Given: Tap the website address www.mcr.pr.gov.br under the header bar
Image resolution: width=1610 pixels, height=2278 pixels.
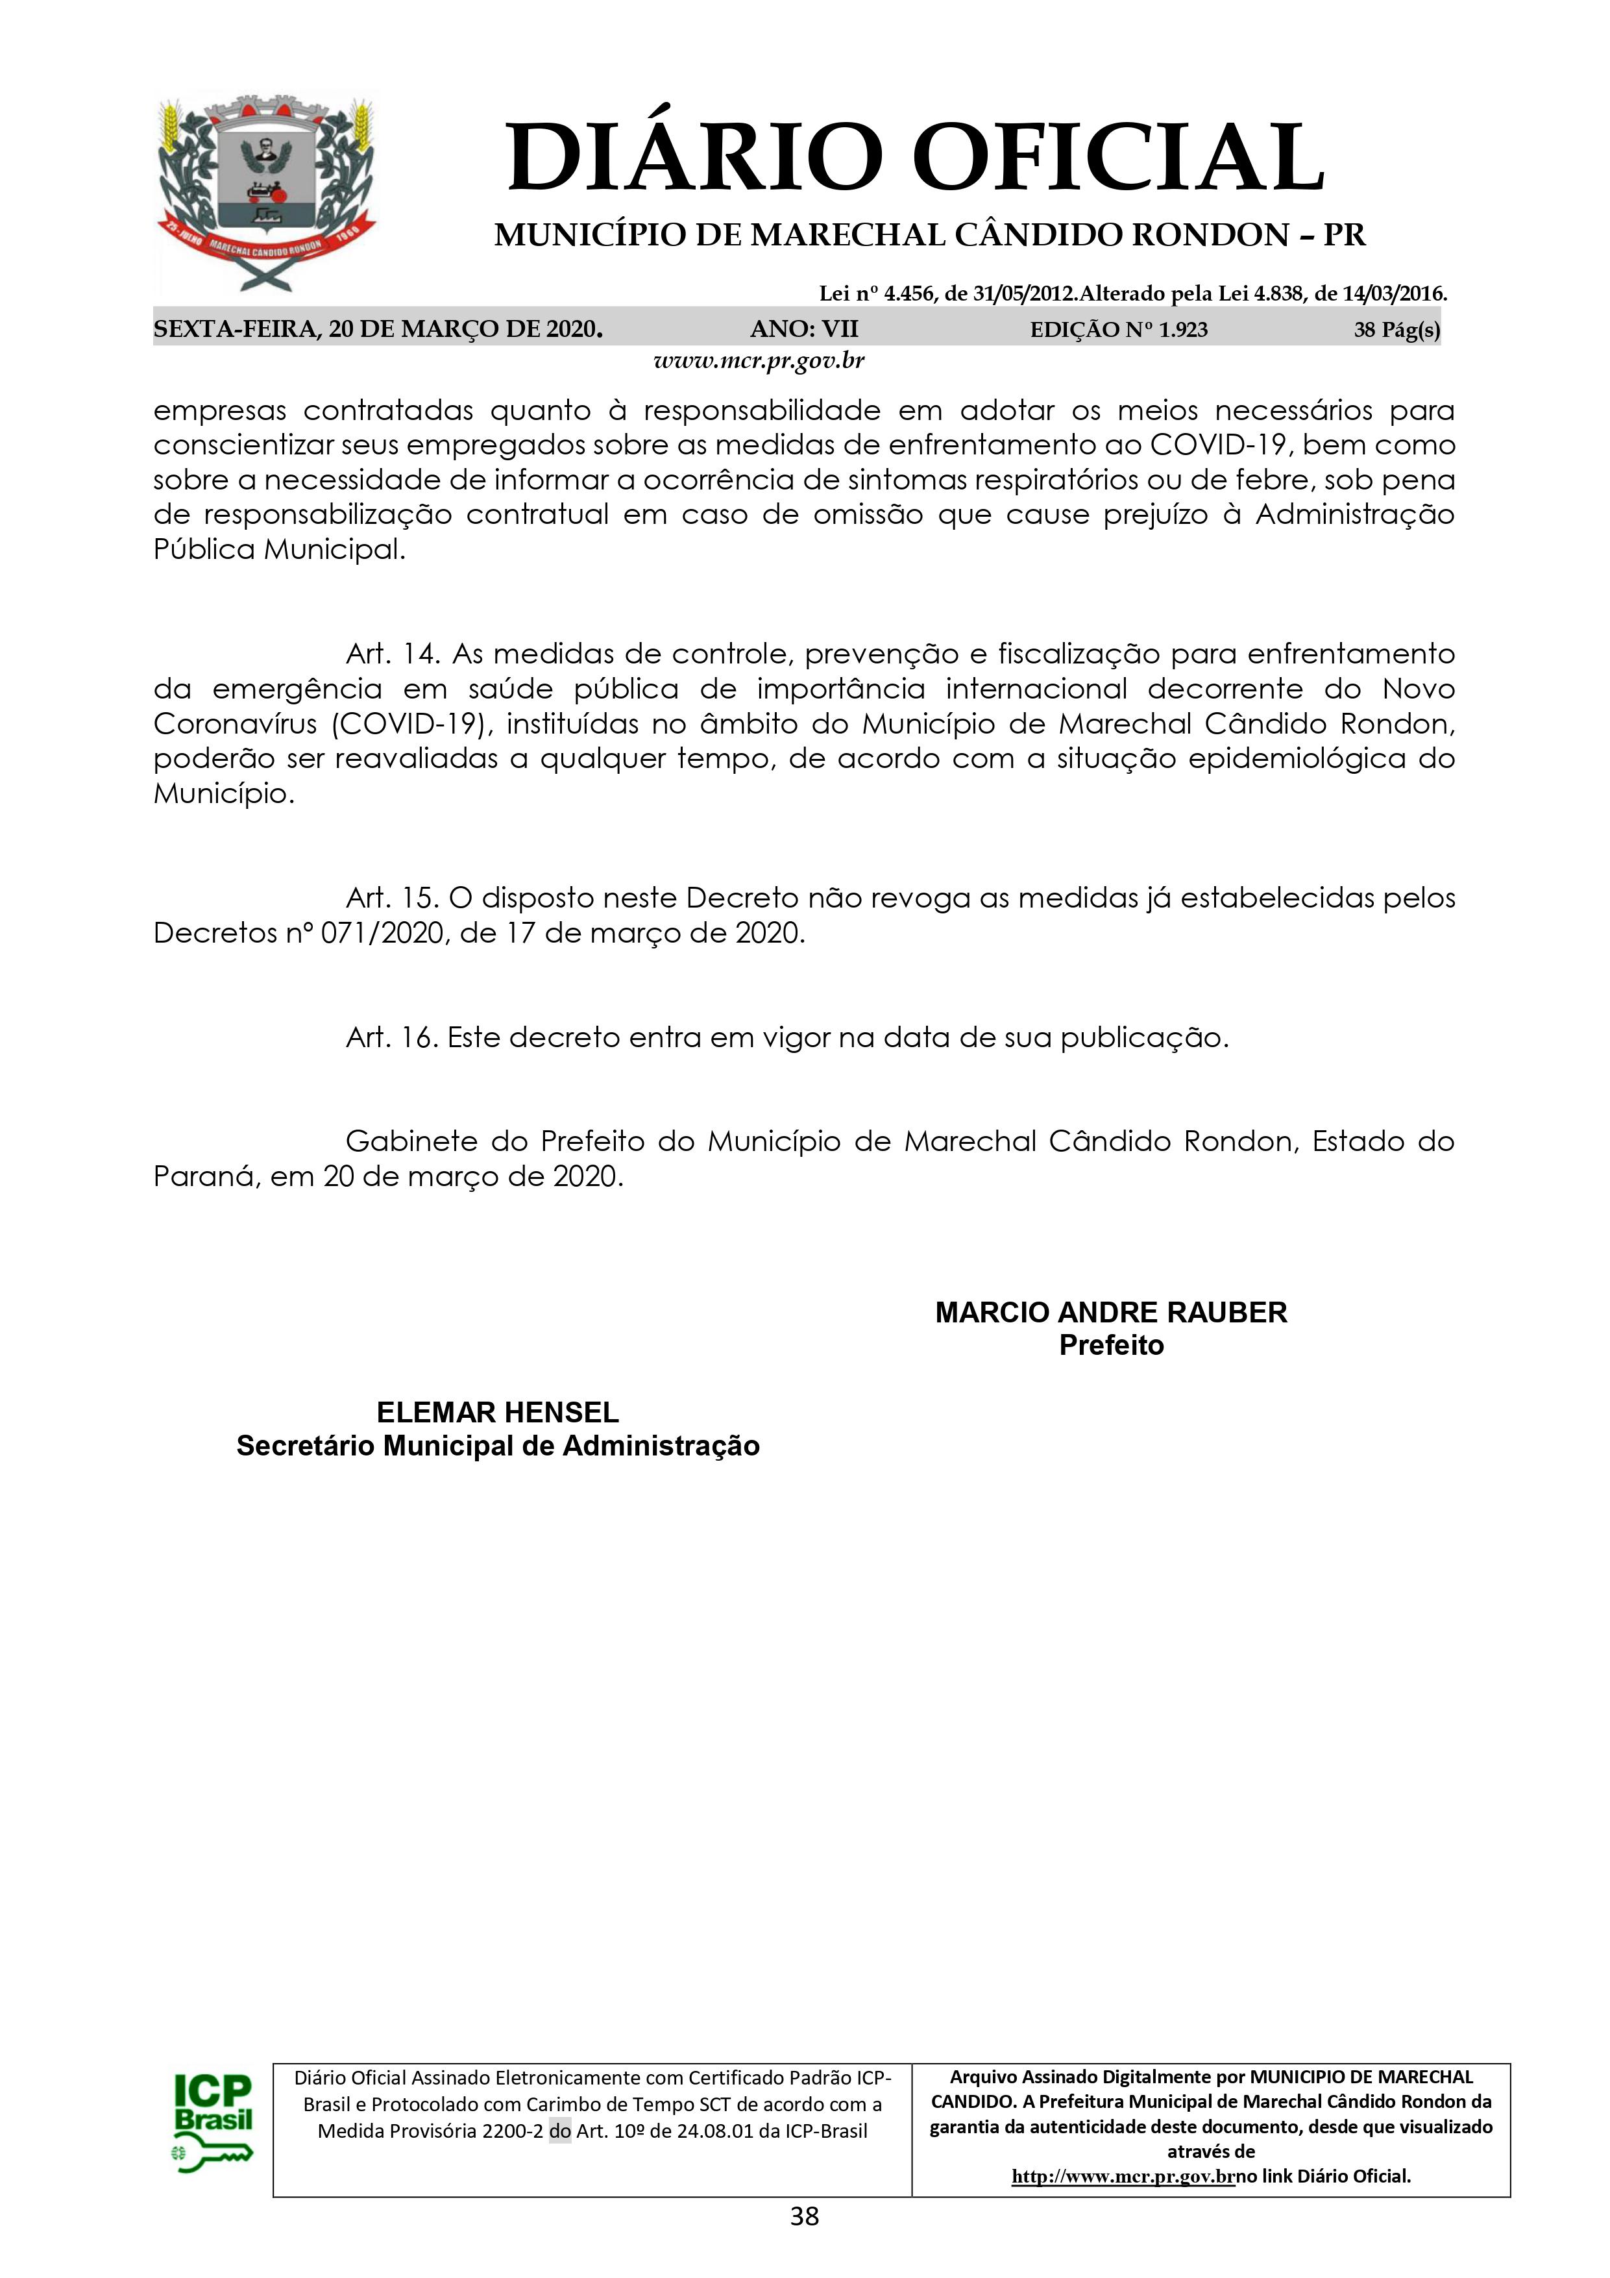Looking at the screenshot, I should pos(759,360).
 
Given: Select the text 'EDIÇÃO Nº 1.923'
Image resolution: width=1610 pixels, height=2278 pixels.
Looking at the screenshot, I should pos(1119,329).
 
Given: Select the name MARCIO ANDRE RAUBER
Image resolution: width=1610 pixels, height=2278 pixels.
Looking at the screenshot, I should pos(1110,1313).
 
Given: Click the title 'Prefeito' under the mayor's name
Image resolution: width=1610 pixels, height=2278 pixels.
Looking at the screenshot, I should pos(1111,1346).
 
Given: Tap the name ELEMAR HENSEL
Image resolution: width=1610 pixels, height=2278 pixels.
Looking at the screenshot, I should pos(497,1413).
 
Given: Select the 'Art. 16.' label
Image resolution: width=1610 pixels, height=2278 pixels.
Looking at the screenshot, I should pos(392,1039).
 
